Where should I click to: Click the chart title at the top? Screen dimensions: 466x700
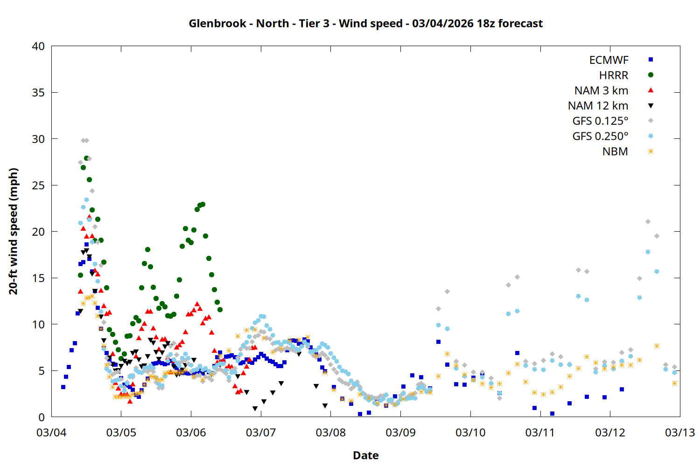(x=365, y=23)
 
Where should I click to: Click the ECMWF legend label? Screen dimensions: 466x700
(x=609, y=60)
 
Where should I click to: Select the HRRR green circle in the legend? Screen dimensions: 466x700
(x=651, y=75)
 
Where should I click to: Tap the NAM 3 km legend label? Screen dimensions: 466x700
(x=601, y=90)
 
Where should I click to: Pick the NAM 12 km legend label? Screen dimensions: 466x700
(x=598, y=106)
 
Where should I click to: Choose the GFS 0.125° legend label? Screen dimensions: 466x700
(x=600, y=121)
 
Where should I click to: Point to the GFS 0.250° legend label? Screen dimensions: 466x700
(x=600, y=137)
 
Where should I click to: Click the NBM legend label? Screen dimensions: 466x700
(x=615, y=151)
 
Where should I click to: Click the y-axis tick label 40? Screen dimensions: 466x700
(x=38, y=46)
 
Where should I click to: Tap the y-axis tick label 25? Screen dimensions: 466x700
(x=38, y=185)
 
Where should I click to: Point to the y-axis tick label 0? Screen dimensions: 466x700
(x=42, y=417)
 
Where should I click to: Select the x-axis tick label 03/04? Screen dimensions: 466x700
(x=51, y=432)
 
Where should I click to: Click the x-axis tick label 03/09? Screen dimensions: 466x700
(x=400, y=432)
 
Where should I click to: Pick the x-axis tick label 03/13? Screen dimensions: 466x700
(x=679, y=432)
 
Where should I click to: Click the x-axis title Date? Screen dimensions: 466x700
(x=365, y=455)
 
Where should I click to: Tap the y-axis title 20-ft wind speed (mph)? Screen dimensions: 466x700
(x=14, y=231)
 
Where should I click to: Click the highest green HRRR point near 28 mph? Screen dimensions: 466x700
(x=86, y=158)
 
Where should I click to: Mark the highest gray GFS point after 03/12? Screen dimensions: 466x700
(x=648, y=222)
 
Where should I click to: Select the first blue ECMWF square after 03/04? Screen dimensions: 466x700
(x=63, y=387)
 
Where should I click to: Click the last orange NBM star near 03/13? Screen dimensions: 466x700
(x=674, y=383)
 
